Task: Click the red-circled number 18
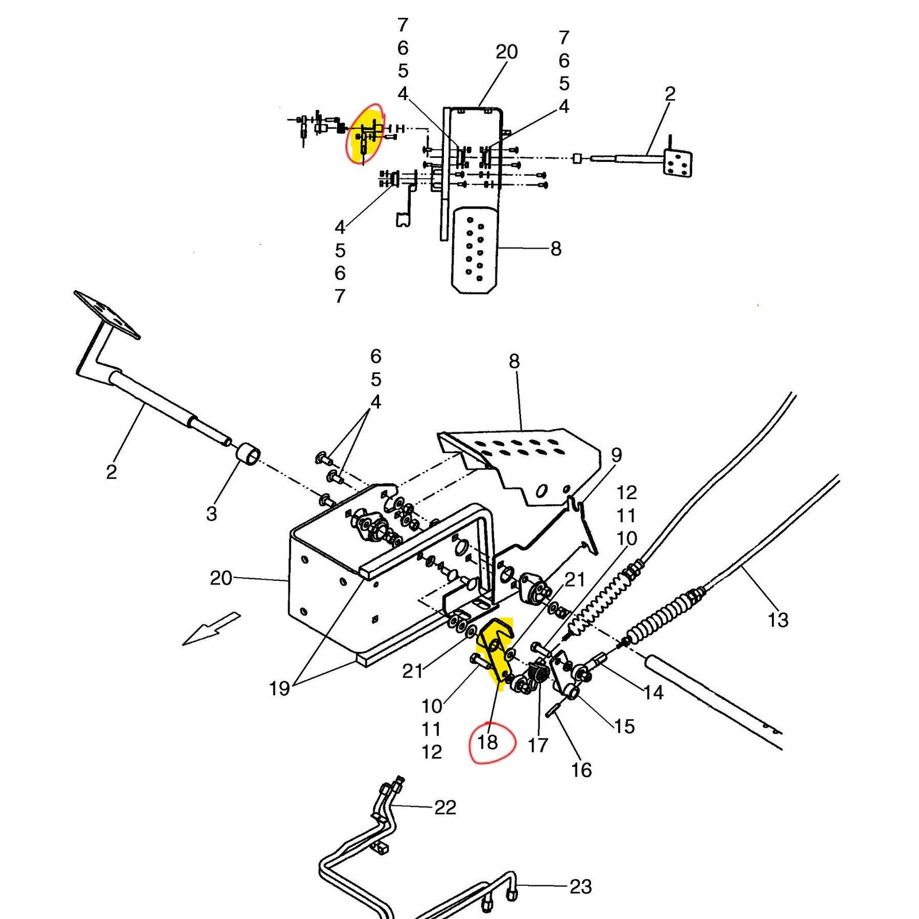click(488, 742)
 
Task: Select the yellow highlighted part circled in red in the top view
click(365, 134)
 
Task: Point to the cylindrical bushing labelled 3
click(248, 454)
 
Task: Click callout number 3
click(211, 513)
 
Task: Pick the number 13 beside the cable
click(778, 620)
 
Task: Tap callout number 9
click(616, 455)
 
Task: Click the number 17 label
click(538, 745)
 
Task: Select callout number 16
click(581, 770)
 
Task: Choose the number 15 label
click(624, 726)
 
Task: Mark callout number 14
click(653, 693)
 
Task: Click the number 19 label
click(279, 688)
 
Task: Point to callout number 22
click(445, 807)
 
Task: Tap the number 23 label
click(580, 886)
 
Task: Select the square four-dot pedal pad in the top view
click(677, 163)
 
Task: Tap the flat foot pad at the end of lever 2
click(107, 315)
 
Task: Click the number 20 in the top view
click(507, 52)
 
